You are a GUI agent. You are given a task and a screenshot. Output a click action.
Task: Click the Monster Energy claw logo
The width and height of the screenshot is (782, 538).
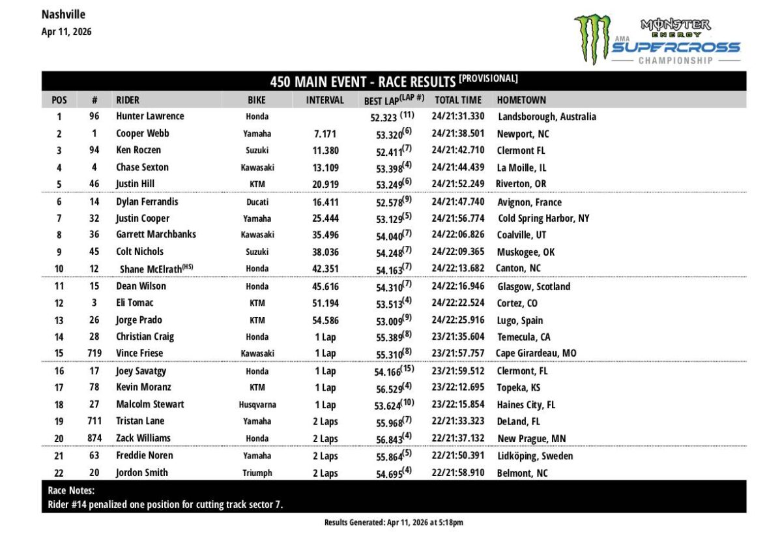tap(592, 39)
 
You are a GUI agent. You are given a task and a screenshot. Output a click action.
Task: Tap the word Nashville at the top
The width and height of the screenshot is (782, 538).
tap(63, 14)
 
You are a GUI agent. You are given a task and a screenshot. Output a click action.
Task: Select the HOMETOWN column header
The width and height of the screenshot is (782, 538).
tap(521, 100)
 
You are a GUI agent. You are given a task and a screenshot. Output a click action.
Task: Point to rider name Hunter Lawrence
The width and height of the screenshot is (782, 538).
tap(150, 117)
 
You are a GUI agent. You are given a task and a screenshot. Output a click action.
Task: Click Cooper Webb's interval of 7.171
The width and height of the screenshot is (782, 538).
tap(325, 134)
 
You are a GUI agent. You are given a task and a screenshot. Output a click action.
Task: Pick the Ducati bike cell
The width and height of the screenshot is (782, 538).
tap(257, 203)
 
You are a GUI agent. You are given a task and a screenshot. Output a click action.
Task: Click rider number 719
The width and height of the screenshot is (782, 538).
tap(94, 353)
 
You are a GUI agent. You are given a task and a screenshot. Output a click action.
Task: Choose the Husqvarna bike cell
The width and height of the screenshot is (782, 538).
tap(257, 405)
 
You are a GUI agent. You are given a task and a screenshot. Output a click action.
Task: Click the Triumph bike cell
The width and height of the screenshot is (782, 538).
tap(257, 473)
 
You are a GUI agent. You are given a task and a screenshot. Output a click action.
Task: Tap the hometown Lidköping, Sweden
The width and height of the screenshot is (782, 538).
tap(535, 456)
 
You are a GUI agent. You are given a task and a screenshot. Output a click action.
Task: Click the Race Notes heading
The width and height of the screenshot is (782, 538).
tap(71, 490)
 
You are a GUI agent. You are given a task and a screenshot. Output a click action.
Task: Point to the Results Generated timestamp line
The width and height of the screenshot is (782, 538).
tap(394, 522)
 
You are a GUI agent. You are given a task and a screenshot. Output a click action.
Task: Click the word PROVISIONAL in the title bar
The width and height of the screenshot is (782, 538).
tap(488, 79)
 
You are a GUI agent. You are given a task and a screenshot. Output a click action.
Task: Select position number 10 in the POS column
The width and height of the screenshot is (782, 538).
tap(59, 269)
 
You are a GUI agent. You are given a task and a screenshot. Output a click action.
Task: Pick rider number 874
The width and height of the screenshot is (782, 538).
tap(94, 438)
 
